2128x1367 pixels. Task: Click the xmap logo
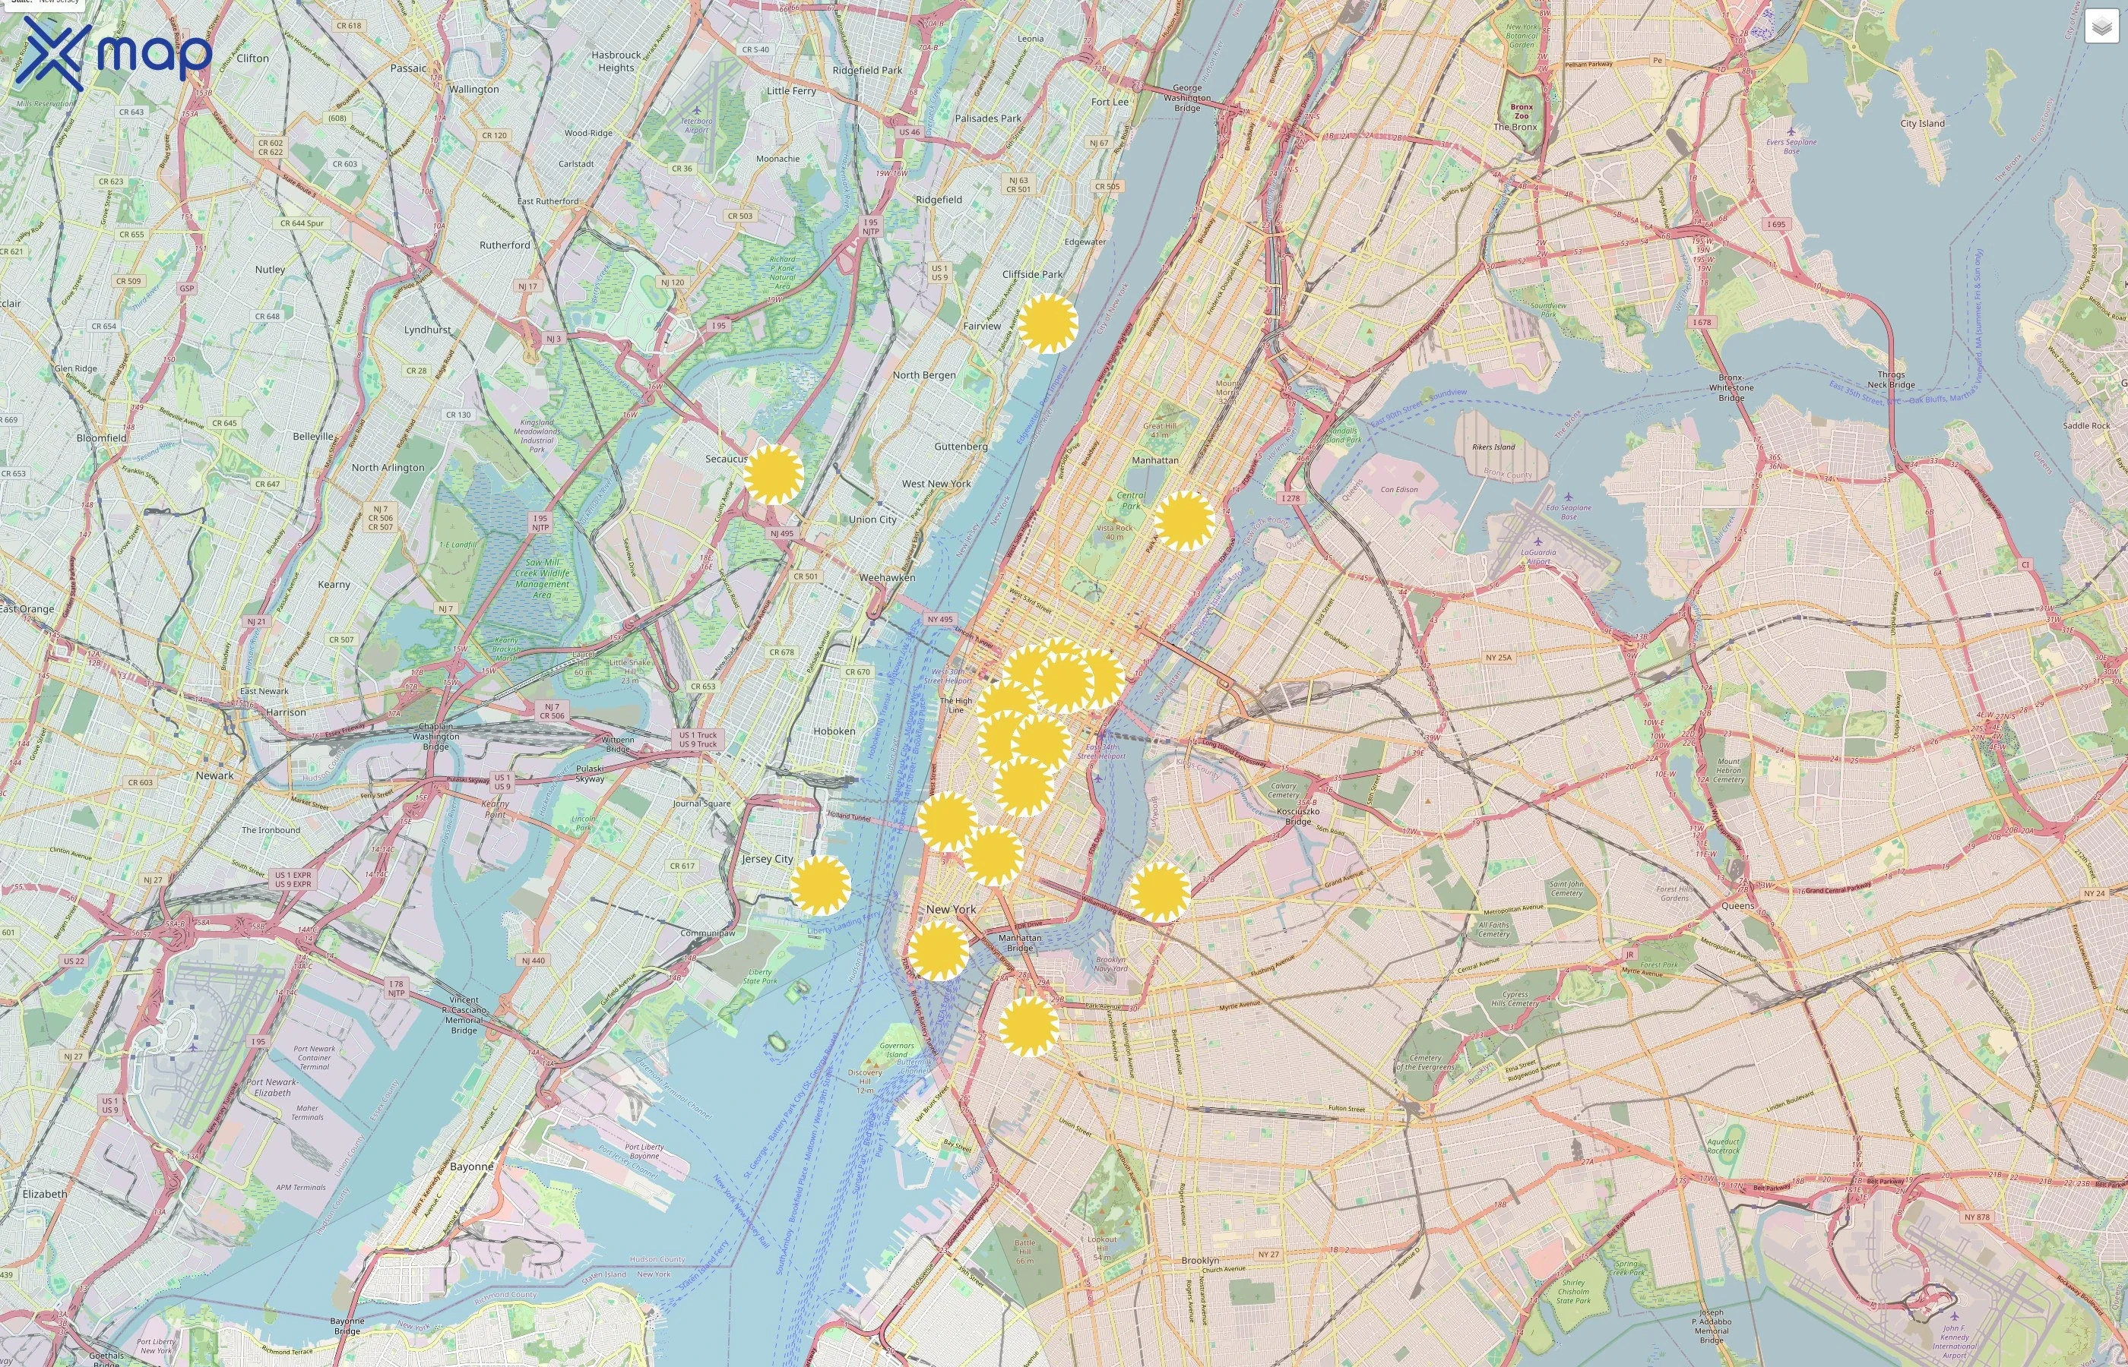114,53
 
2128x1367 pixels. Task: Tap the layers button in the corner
2101,27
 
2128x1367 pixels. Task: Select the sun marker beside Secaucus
773,475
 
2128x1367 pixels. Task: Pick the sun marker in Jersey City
820,885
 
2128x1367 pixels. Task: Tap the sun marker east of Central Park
1184,521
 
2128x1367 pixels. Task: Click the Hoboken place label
834,731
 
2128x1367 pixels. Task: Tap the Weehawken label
886,577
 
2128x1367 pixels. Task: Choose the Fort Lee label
1110,102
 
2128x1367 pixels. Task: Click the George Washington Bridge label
1186,98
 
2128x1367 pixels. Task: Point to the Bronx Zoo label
1522,111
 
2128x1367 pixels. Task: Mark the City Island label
1922,123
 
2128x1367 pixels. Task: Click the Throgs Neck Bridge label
1891,380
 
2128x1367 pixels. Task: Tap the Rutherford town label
505,245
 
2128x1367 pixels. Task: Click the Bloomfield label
101,437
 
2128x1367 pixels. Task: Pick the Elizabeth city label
44,1194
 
